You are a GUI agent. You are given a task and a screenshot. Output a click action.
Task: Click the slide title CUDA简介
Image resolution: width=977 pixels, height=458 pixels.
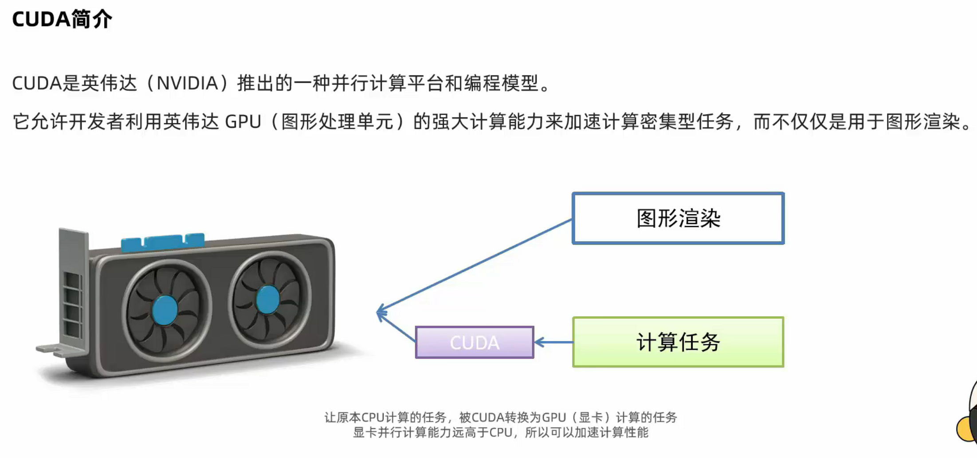pos(62,20)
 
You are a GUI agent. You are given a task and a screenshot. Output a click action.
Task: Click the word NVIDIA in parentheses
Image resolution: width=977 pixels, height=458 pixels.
pos(187,83)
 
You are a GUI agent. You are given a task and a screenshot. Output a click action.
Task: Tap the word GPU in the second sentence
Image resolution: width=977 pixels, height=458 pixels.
pos(243,122)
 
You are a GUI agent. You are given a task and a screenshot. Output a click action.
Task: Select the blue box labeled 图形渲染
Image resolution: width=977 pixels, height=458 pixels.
pos(678,218)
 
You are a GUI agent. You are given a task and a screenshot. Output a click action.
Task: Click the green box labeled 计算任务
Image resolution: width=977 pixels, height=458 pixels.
pos(678,342)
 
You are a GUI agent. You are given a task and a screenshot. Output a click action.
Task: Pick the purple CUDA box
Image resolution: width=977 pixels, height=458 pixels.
pos(474,342)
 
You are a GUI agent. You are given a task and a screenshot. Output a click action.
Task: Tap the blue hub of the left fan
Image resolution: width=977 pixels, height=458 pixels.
pos(165,310)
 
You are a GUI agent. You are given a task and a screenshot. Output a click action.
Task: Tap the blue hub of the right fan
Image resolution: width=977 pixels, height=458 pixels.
pos(268,299)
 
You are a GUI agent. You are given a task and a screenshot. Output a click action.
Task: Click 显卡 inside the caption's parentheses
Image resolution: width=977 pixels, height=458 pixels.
pos(590,418)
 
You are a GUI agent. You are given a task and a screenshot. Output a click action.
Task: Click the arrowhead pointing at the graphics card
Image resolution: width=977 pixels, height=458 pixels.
pos(381,313)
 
